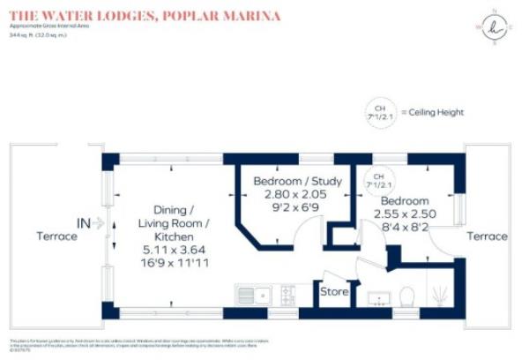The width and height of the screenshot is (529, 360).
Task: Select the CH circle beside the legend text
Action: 382,112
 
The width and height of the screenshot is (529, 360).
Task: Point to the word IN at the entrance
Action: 84,222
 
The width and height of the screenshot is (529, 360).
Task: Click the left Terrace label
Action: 56,236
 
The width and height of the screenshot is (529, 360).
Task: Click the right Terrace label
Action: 487,236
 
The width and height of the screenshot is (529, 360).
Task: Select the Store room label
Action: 334,291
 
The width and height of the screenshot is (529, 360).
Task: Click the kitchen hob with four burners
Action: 287,293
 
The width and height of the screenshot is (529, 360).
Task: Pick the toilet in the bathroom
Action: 407,295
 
